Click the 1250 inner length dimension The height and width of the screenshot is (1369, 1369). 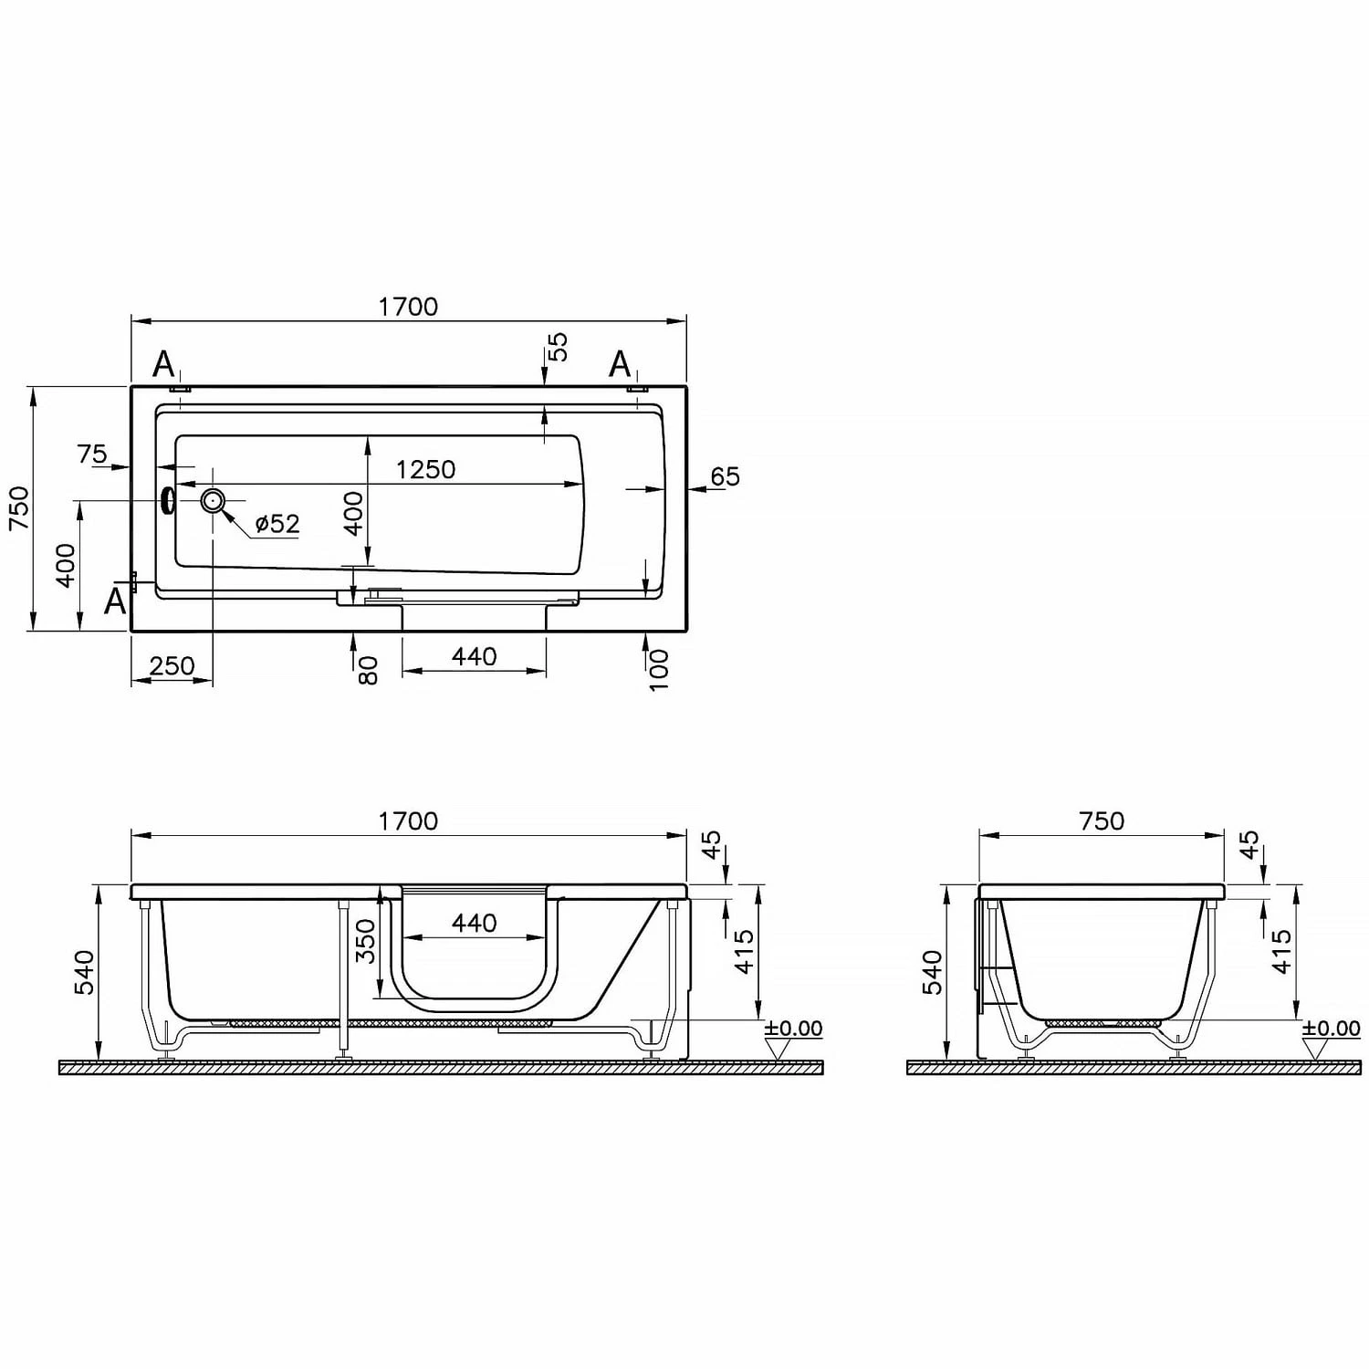pos(425,469)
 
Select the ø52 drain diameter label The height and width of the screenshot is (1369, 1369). pos(277,524)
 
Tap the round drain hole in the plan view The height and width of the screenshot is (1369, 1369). pos(213,500)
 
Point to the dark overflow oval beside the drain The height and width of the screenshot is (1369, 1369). pos(168,500)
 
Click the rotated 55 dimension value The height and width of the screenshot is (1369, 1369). pos(557,346)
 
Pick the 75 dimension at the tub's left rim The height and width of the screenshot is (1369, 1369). pos(91,454)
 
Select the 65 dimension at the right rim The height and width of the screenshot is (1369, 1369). pos(725,476)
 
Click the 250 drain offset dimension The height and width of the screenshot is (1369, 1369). pos(172,665)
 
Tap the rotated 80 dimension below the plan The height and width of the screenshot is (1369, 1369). pos(367,671)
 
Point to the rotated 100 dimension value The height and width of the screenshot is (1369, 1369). pos(658,670)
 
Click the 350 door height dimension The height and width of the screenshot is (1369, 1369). pos(365,941)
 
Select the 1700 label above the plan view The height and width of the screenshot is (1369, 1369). pos(408,307)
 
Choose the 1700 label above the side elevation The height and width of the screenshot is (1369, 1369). pos(408,821)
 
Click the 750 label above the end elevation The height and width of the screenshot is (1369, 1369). pos(1102,821)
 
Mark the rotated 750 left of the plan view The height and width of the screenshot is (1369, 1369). pos(18,508)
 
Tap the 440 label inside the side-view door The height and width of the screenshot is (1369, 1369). pos(474,924)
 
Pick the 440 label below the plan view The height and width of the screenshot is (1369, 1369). pos(474,656)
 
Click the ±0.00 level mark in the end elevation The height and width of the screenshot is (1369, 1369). pos(1331,1029)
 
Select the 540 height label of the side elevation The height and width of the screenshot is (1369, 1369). pos(83,973)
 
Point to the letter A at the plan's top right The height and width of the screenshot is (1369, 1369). pos(620,364)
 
